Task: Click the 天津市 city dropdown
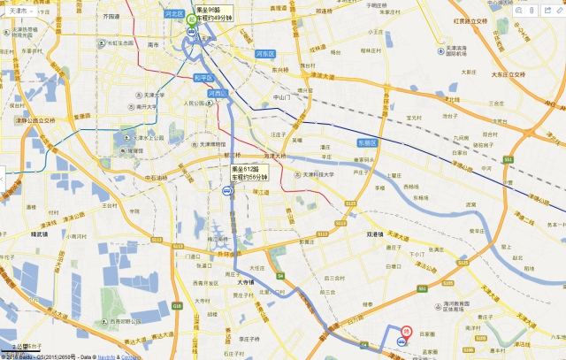[x=20, y=11]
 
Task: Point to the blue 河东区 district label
[x=265, y=54]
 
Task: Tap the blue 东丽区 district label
[x=366, y=143]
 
